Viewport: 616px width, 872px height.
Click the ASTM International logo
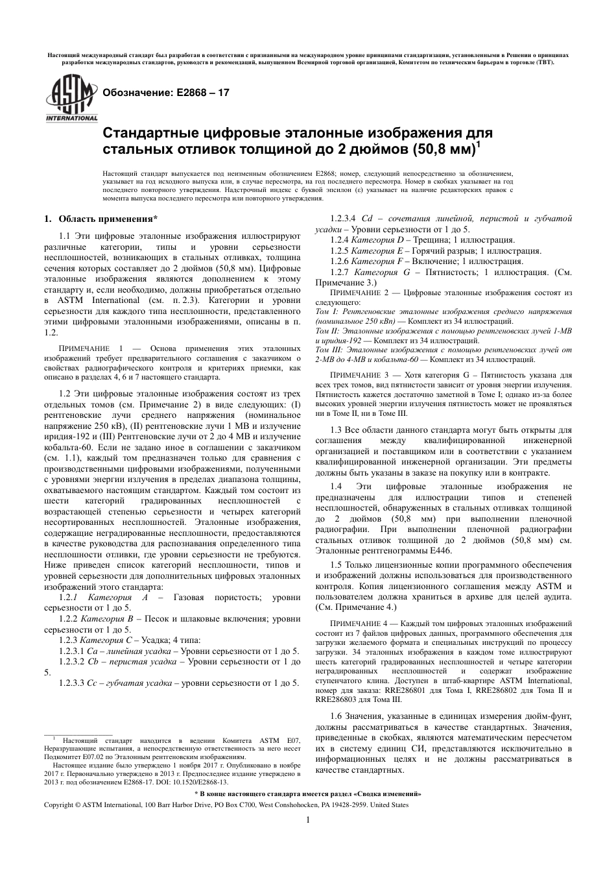click(71, 98)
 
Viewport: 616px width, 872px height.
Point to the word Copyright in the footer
click(58, 805)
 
